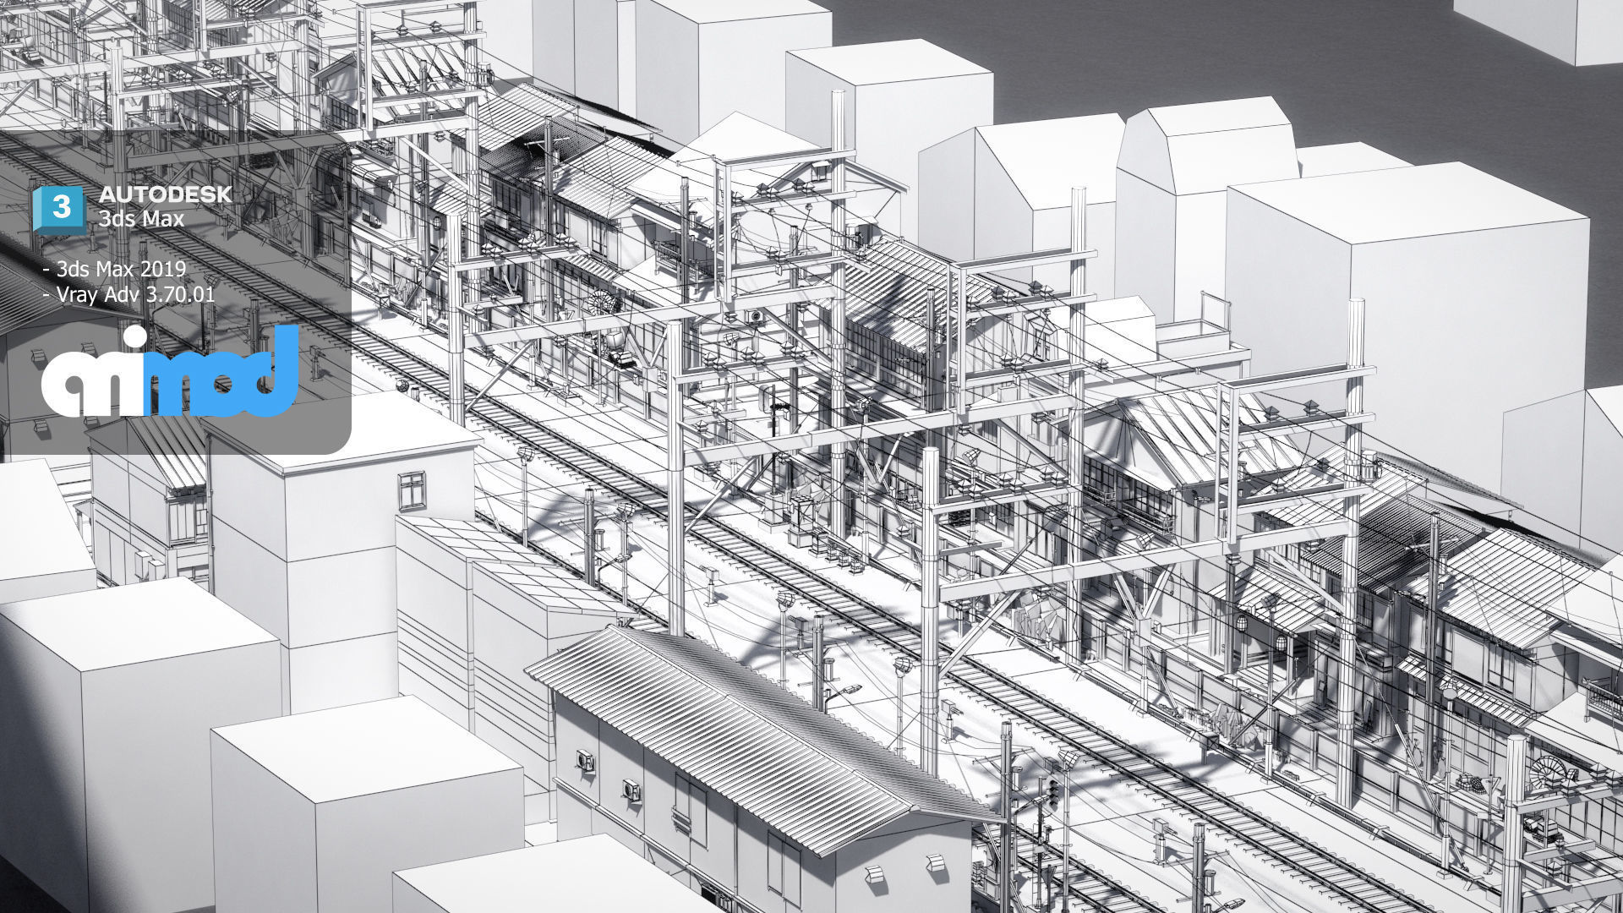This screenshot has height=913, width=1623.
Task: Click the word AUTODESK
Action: point(164,194)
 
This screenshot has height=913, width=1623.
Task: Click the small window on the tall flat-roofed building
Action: point(412,489)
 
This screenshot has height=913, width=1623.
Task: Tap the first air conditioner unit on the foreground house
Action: point(586,760)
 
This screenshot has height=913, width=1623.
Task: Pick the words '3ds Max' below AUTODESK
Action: point(141,218)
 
